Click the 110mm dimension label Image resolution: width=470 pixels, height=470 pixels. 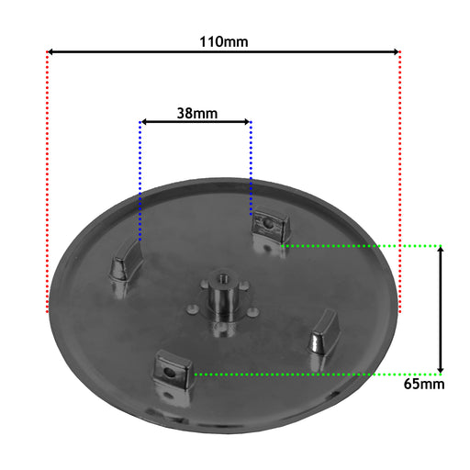(224, 41)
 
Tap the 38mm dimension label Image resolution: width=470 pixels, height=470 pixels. (197, 113)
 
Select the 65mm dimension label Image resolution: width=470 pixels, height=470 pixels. (424, 384)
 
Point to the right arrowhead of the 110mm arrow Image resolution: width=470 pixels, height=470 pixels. (396, 51)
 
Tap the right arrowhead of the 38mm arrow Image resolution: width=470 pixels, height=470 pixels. (246, 122)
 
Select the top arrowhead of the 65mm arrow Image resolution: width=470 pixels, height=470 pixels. (441, 251)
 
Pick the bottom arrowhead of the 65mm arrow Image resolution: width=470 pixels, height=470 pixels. (441, 369)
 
